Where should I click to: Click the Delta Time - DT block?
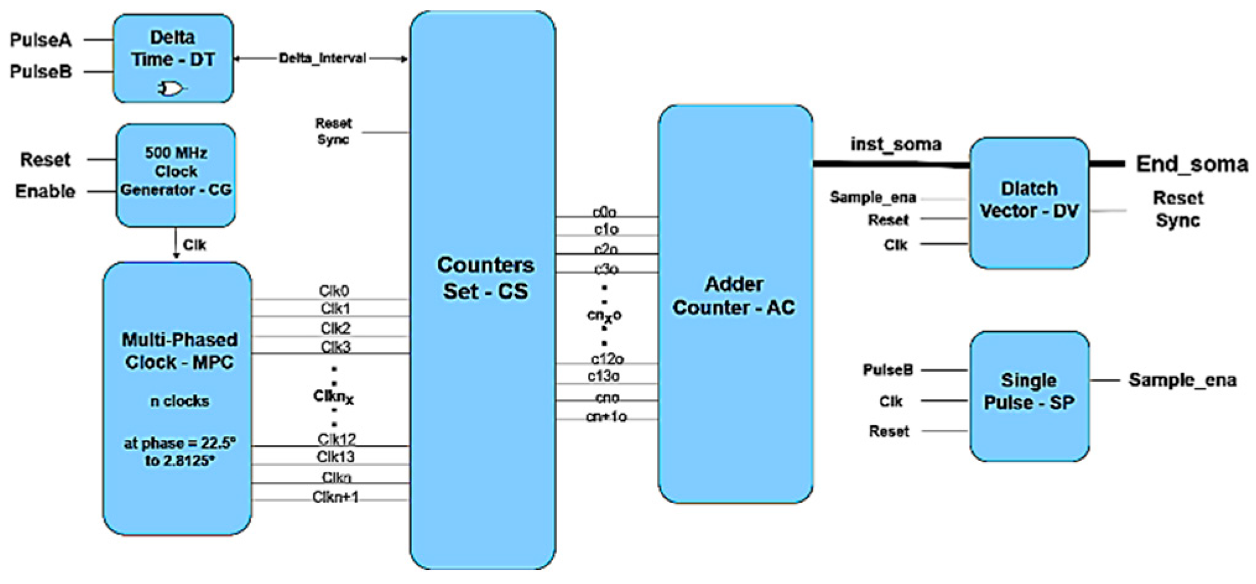[173, 58]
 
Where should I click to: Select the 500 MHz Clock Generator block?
[176, 174]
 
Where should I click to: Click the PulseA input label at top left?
[41, 40]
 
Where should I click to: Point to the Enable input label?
[45, 191]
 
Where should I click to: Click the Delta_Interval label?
[322, 58]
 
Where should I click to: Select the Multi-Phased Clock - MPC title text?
[179, 351]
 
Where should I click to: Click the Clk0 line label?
[334, 291]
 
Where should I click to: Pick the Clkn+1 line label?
[335, 497]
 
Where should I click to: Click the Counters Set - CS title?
[485, 278]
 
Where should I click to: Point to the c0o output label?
[604, 212]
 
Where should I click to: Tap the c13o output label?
[604, 376]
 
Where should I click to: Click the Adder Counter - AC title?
[734, 296]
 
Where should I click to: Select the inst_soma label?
[895, 144]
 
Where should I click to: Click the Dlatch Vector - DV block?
[1028, 202]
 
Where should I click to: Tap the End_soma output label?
[1192, 164]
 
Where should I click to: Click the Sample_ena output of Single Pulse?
[1182, 380]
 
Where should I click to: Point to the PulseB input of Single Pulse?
[888, 370]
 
